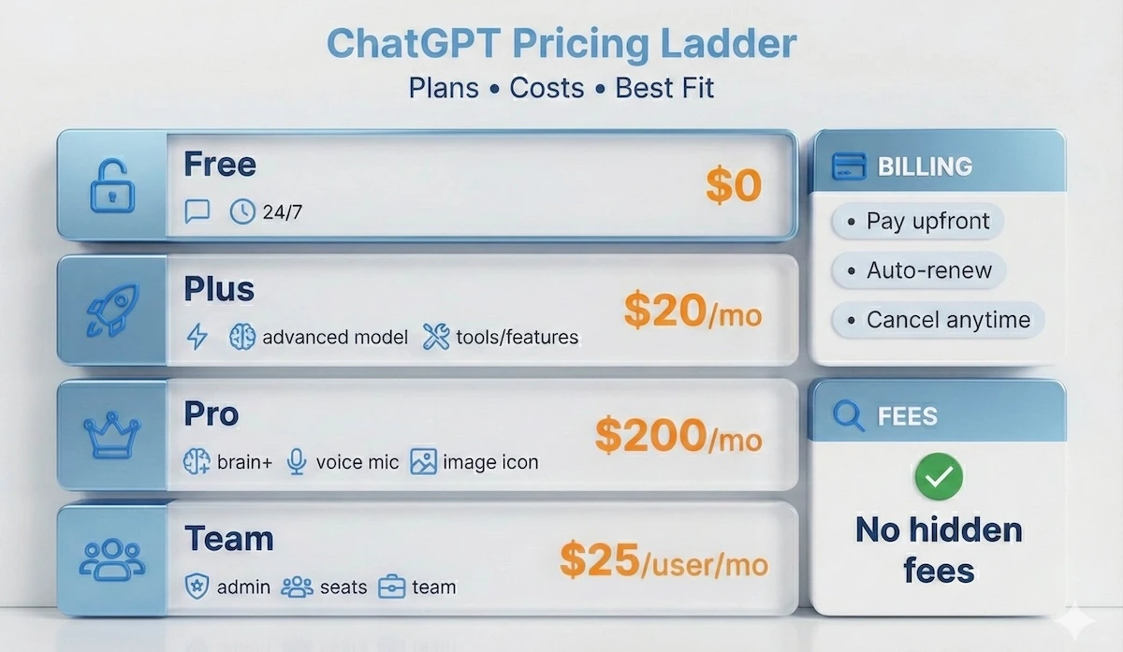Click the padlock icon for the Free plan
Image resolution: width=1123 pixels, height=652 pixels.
point(111,186)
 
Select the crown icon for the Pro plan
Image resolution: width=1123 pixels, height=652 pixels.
point(111,434)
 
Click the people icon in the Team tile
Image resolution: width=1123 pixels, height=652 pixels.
point(111,558)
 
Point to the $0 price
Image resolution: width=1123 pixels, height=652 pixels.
point(734,186)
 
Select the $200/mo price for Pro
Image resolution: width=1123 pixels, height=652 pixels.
point(678,435)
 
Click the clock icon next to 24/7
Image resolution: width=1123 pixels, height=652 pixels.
point(242,212)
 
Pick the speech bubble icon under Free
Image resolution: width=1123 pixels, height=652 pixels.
point(197,212)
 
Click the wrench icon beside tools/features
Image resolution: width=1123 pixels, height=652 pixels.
point(436,337)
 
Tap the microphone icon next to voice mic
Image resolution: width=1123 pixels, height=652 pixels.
point(297,461)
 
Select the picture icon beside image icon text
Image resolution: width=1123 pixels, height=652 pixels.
point(424,461)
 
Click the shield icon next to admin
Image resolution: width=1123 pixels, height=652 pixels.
point(197,587)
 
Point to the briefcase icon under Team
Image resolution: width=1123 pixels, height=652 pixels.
point(391,587)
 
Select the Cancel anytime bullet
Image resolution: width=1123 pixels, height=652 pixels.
point(938,320)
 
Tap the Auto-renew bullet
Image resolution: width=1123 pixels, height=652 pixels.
point(917,270)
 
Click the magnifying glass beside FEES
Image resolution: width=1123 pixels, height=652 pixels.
point(848,414)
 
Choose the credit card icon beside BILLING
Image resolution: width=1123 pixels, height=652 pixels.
point(848,167)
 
